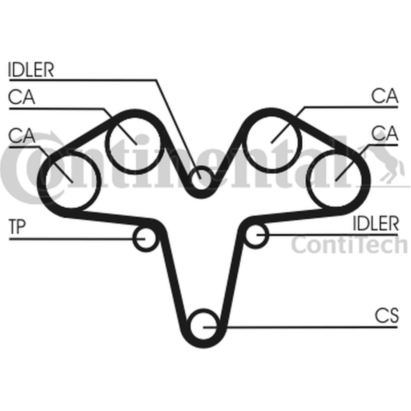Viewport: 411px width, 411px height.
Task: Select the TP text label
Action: (17, 227)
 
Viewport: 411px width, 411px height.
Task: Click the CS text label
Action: (387, 315)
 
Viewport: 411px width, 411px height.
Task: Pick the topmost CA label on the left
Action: (22, 97)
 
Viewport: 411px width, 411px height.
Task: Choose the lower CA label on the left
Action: (22, 136)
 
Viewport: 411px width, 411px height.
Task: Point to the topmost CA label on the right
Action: (385, 96)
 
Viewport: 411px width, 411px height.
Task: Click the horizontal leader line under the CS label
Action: (300, 327)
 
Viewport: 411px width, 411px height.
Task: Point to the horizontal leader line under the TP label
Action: (77, 239)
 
